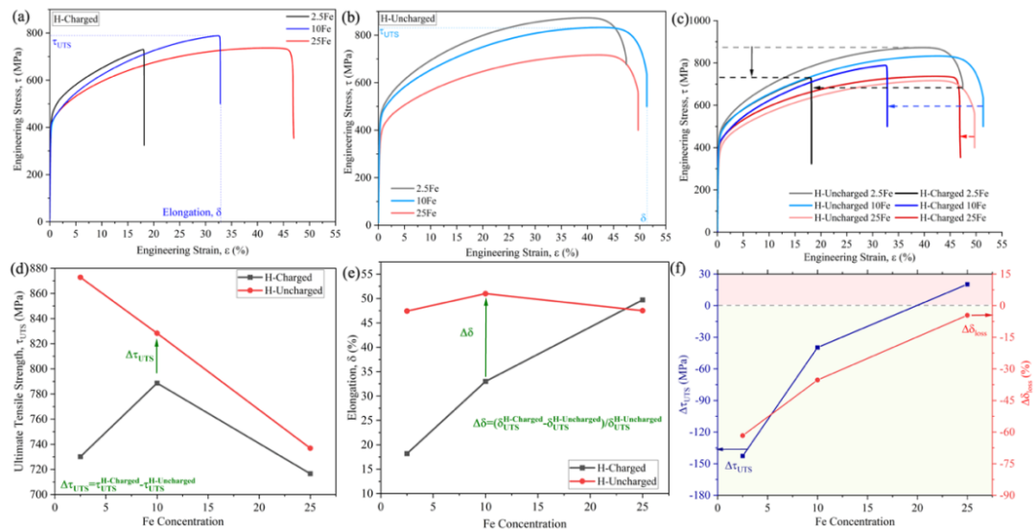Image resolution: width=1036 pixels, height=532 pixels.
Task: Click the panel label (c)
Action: pyautogui.click(x=680, y=18)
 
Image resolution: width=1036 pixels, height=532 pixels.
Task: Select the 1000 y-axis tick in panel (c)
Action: pyautogui.click(x=701, y=21)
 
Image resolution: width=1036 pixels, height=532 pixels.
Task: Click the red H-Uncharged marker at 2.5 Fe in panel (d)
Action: pyautogui.click(x=80, y=277)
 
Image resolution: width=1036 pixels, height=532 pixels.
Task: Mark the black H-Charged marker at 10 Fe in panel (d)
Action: pyautogui.click(x=156, y=383)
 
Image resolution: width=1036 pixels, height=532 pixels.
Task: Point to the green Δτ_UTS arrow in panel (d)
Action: pyautogui.click(x=156, y=358)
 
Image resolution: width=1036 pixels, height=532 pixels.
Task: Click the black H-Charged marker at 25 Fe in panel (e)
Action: pyautogui.click(x=642, y=300)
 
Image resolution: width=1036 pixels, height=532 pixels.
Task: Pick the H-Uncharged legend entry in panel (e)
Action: pyautogui.click(x=629, y=481)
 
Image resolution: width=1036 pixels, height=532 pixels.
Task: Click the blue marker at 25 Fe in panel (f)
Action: pyautogui.click(x=967, y=284)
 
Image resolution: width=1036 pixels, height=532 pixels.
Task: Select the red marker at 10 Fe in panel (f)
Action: pyautogui.click(x=817, y=380)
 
